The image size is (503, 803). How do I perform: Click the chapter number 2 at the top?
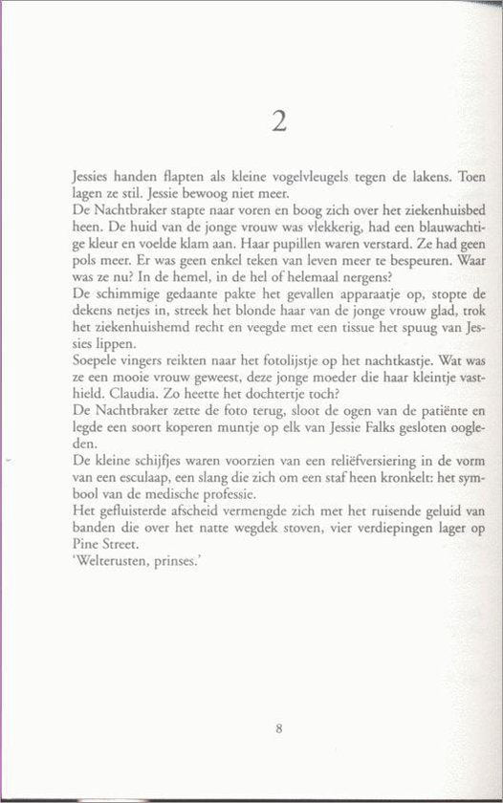[x=278, y=120]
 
